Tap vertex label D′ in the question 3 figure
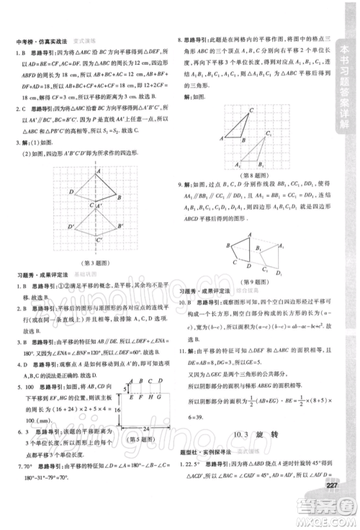click(x=70, y=228)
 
